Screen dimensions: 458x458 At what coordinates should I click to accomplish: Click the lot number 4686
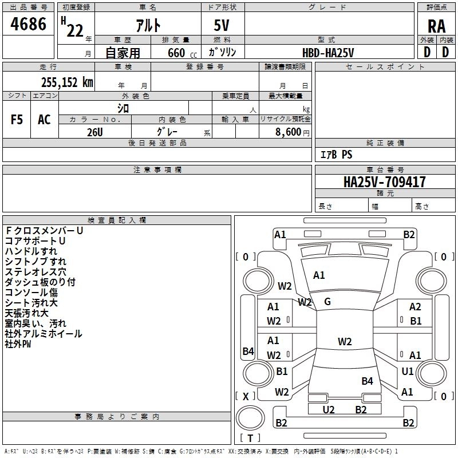coord(28,24)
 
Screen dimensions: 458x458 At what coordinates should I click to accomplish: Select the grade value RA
coord(436,26)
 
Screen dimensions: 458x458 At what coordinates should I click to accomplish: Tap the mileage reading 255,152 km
coord(67,82)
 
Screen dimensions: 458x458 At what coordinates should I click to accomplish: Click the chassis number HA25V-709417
coord(384,181)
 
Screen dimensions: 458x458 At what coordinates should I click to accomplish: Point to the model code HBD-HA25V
coord(328,53)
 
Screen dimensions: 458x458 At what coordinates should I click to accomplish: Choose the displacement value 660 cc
coord(182,53)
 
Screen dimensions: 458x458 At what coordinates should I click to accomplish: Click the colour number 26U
coord(95,132)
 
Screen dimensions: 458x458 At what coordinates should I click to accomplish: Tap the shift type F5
coord(17,120)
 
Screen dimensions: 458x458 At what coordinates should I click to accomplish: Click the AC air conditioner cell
coord(45,120)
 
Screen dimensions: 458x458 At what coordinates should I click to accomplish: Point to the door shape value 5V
coord(222,25)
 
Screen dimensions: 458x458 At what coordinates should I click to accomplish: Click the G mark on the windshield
coord(327,302)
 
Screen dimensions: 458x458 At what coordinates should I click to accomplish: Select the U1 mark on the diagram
coord(408,371)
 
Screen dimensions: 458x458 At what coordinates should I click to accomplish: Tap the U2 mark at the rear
coord(328,409)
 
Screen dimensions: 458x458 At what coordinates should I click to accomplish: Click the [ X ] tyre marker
coord(246,396)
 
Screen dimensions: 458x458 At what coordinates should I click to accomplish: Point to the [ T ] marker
coord(250,438)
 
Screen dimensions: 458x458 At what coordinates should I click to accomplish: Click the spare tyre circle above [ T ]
coord(250,418)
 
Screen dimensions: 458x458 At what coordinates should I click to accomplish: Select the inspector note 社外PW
coord(18,344)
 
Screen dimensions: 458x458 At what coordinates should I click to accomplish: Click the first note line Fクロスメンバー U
coord(44,231)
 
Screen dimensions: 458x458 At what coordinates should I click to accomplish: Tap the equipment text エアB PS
coord(337,155)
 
